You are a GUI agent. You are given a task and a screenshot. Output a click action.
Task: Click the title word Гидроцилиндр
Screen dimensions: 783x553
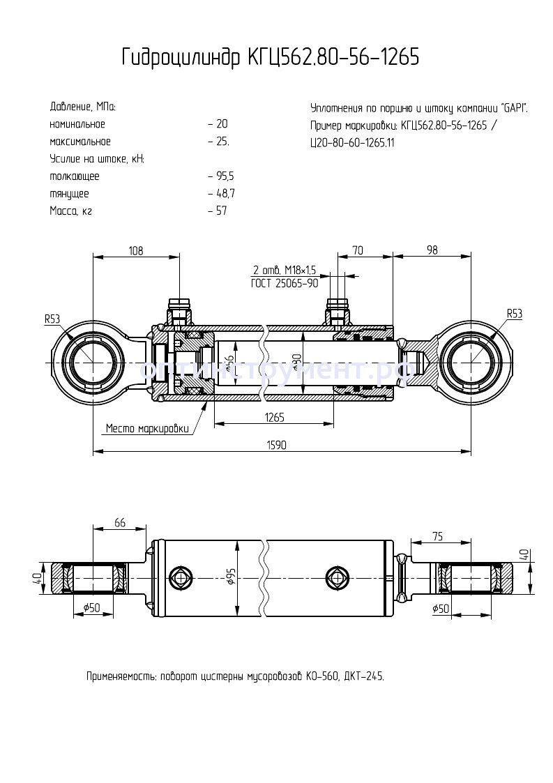click(180, 58)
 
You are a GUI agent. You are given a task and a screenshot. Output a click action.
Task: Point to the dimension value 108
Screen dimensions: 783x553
click(136, 251)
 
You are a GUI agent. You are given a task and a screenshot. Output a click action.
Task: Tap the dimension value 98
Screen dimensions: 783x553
click(432, 251)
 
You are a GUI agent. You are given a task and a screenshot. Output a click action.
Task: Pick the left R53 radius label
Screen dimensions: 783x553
click(53, 319)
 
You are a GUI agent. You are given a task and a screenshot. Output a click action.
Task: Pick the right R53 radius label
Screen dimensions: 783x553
click(514, 314)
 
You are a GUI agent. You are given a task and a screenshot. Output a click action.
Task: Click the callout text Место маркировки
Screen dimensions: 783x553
click(147, 429)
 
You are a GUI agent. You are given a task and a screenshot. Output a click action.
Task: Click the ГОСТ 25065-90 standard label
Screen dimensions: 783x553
click(284, 284)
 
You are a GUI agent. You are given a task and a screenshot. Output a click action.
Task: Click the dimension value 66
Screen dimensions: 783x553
click(119, 523)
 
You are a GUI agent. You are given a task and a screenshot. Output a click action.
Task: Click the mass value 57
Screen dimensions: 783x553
click(221, 211)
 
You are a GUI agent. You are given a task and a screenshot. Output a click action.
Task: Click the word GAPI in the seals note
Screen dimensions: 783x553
click(513, 108)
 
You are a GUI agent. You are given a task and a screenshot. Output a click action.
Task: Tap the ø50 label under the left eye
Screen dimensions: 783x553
click(92, 609)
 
